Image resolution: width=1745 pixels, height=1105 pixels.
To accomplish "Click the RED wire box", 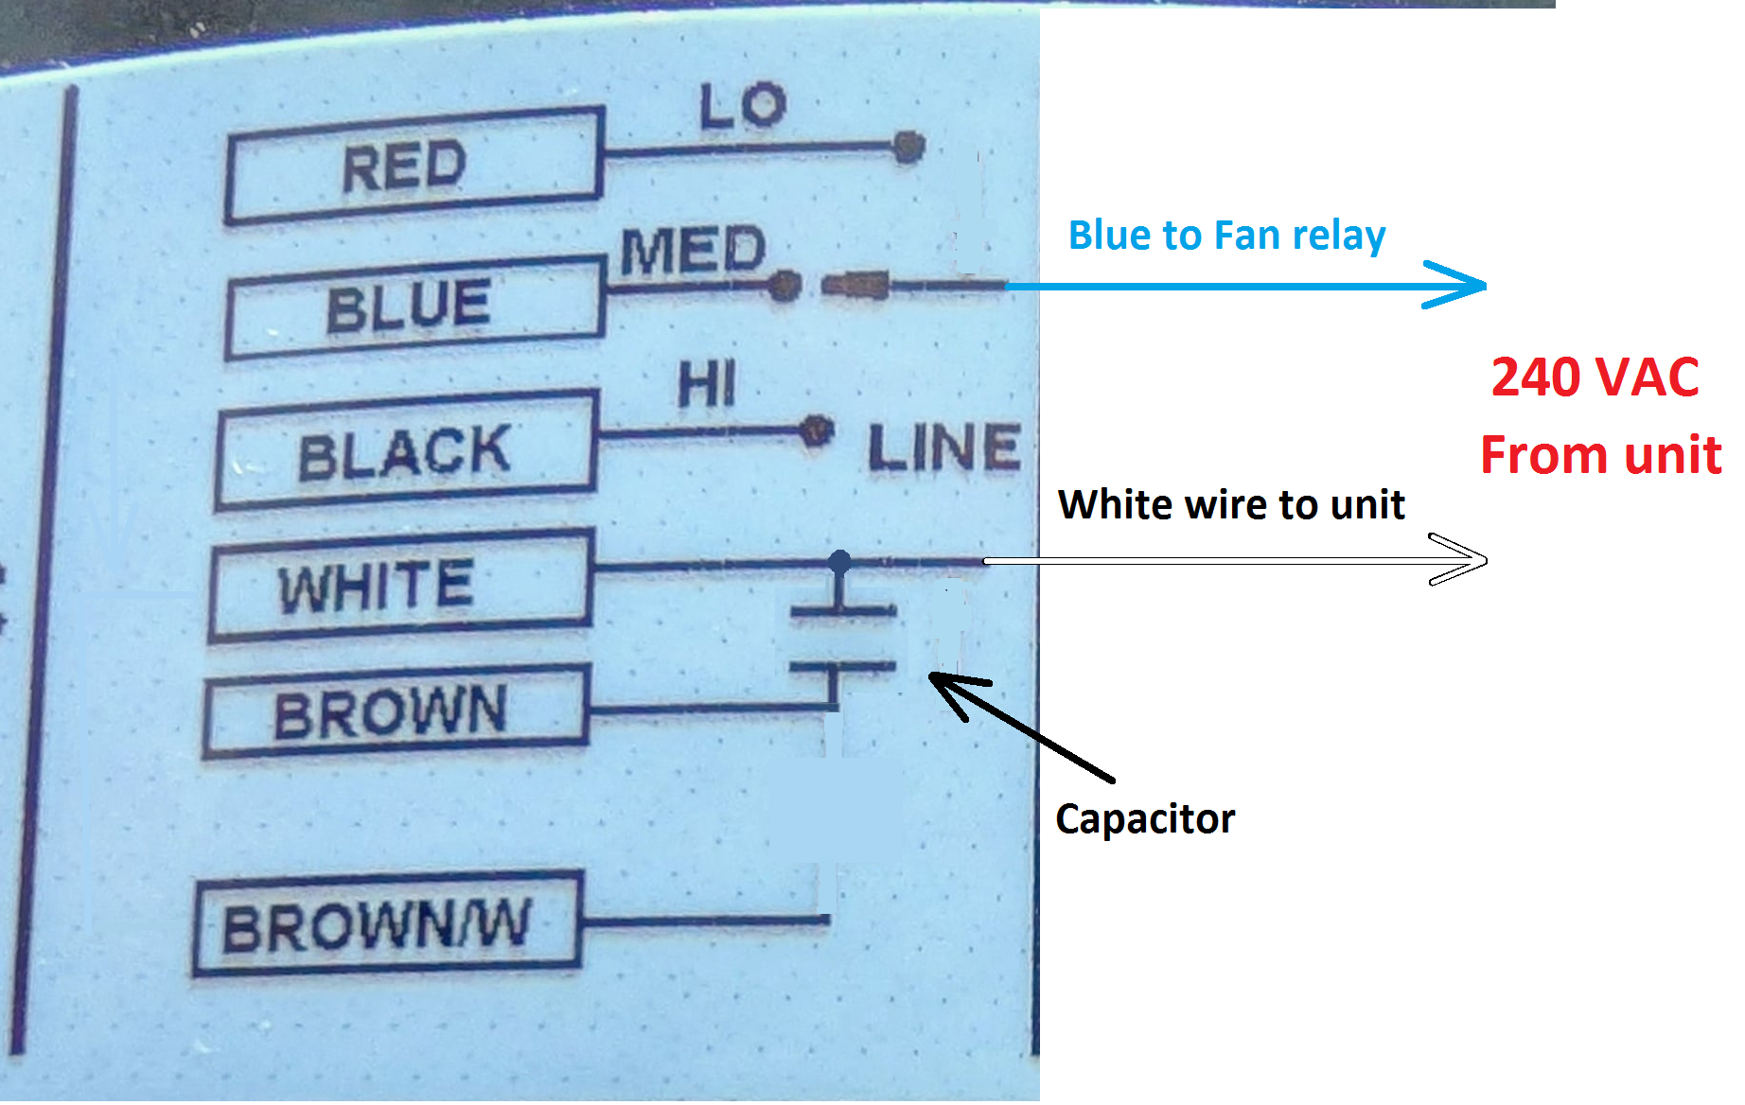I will tap(414, 167).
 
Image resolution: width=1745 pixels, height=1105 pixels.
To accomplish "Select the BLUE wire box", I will tap(414, 307).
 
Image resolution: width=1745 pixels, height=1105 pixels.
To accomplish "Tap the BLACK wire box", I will tap(406, 452).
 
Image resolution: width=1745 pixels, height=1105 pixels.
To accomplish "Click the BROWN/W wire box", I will tap(386, 924).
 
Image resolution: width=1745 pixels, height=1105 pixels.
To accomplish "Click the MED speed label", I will tap(693, 250).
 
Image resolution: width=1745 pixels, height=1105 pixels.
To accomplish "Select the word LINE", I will tap(943, 447).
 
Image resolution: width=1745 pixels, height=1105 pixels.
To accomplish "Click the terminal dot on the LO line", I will tap(908, 147).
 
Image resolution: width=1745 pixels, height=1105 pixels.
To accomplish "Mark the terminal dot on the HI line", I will tap(814, 431).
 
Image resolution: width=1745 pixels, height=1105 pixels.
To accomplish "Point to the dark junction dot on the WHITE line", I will tap(839, 562).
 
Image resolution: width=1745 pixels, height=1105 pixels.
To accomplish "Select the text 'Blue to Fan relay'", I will tap(1226, 235).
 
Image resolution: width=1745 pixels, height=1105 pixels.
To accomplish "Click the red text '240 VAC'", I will tap(1595, 377).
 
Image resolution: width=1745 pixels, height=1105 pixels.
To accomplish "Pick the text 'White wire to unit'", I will tap(1230, 504).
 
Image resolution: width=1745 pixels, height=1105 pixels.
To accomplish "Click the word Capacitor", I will tap(1145, 818).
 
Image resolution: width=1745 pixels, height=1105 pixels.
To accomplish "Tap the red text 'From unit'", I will tap(1600, 455).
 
